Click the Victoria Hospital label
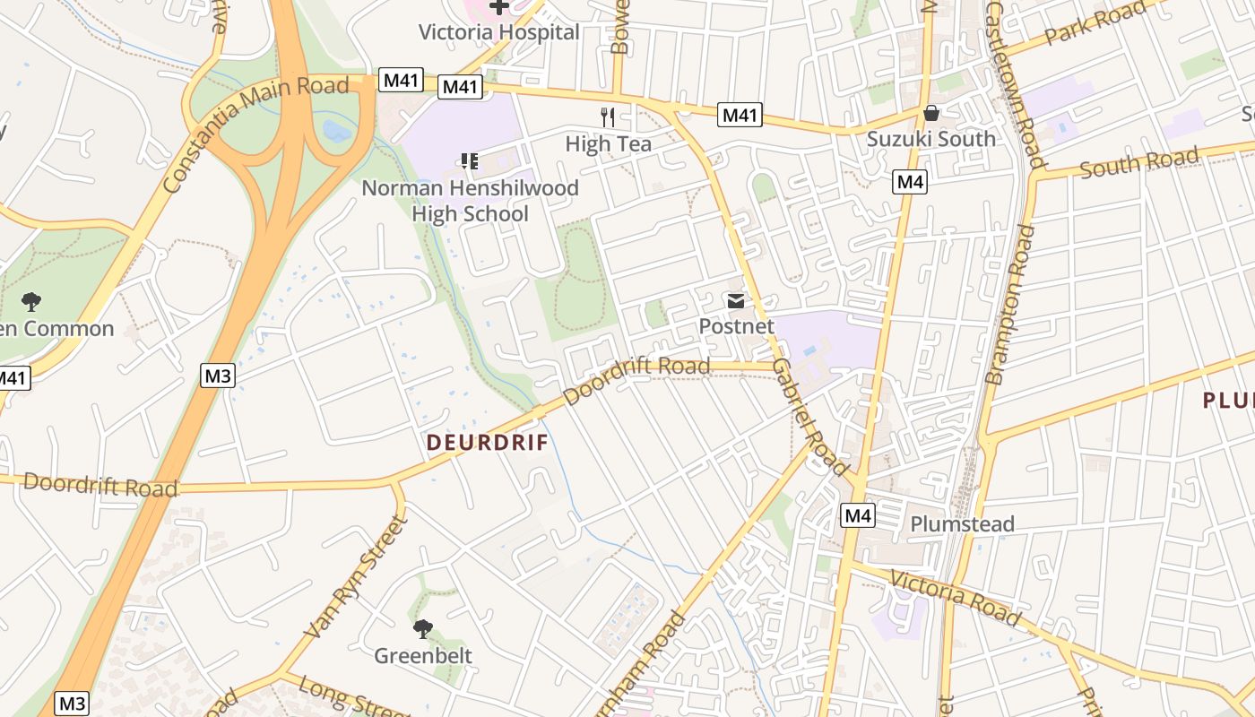click(499, 32)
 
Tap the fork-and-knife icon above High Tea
click(608, 117)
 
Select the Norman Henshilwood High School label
click(470, 201)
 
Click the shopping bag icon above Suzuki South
click(931, 113)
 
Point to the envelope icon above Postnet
click(736, 301)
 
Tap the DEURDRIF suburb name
click(488, 443)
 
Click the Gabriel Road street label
click(809, 418)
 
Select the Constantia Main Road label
click(255, 134)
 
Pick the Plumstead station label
click(962, 523)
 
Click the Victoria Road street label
click(954, 598)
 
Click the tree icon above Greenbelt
click(423, 629)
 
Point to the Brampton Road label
click(1009, 305)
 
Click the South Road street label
click(1138, 163)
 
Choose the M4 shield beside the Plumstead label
click(858, 515)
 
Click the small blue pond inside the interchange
click(337, 132)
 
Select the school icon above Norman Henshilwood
click(470, 161)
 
